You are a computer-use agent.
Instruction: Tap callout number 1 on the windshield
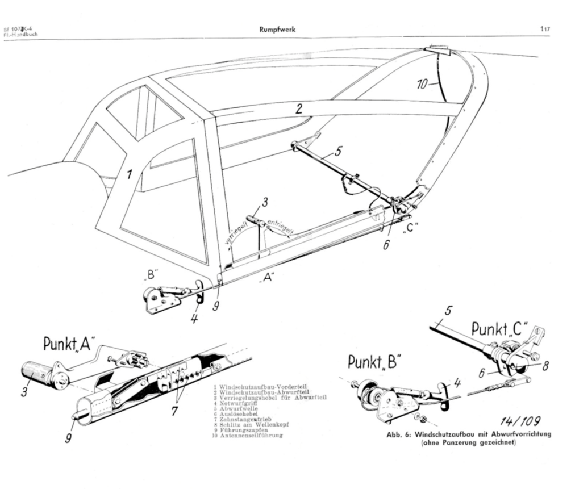tap(130, 174)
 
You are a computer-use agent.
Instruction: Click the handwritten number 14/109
tap(520, 421)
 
